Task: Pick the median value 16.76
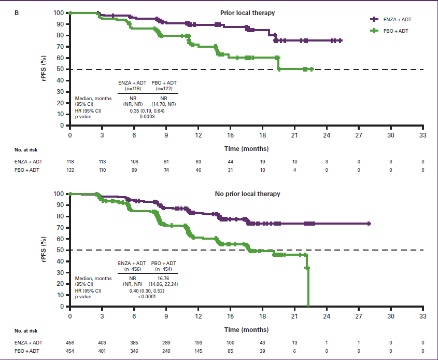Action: click(x=164, y=278)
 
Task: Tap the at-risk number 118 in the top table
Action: click(x=70, y=162)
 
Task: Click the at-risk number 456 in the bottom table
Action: click(x=70, y=343)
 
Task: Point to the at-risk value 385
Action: click(x=134, y=343)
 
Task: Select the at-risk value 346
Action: click(x=134, y=351)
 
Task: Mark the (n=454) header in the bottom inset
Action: click(x=164, y=269)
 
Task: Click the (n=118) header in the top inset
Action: click(x=130, y=88)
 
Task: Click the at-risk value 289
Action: click(x=166, y=343)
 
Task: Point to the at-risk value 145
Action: click(x=199, y=351)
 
